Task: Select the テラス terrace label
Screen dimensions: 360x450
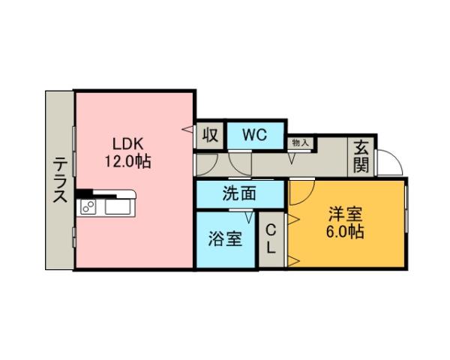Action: [x=59, y=181]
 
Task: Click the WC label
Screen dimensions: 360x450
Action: [x=255, y=136]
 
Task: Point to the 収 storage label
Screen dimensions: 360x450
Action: [x=210, y=136]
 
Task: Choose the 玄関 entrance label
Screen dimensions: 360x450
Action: [x=361, y=156]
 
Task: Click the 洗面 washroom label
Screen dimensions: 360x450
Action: [x=239, y=193]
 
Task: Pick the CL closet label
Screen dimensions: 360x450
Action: [x=271, y=238]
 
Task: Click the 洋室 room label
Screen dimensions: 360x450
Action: [x=344, y=214]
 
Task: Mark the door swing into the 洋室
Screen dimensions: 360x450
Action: [x=300, y=193]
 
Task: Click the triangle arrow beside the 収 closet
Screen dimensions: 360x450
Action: [x=187, y=130]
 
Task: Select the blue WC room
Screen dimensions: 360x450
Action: [x=255, y=136]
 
